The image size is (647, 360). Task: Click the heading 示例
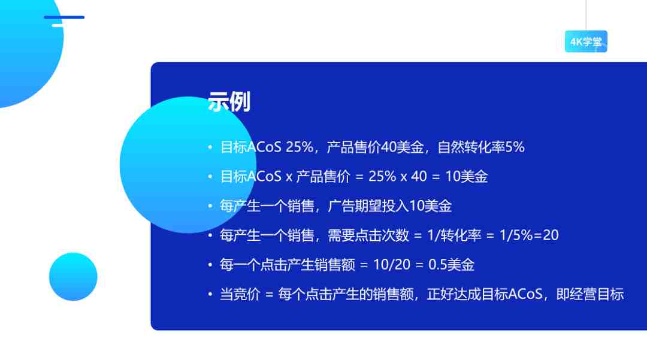(229, 102)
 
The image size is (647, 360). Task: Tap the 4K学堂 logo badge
(586, 41)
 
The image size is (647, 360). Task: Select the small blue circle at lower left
(73, 276)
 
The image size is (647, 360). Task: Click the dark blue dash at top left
(64, 17)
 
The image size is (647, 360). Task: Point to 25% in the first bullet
(300, 147)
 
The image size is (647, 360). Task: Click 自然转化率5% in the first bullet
(480, 147)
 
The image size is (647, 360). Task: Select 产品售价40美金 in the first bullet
(375, 147)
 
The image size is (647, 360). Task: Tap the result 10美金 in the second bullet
(466, 177)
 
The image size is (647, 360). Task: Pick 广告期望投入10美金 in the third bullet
(389, 206)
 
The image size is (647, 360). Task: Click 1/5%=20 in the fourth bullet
(529, 235)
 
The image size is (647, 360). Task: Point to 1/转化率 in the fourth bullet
(454, 235)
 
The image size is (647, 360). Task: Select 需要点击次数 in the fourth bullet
(368, 235)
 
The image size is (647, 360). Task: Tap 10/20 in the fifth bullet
(392, 265)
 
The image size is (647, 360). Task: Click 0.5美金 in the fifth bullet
(452, 265)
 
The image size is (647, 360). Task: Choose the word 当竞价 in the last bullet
(240, 295)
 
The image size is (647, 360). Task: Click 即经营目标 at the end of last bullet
(590, 295)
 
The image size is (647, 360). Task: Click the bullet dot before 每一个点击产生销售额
(210, 265)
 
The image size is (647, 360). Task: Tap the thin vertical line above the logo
(586, 15)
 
